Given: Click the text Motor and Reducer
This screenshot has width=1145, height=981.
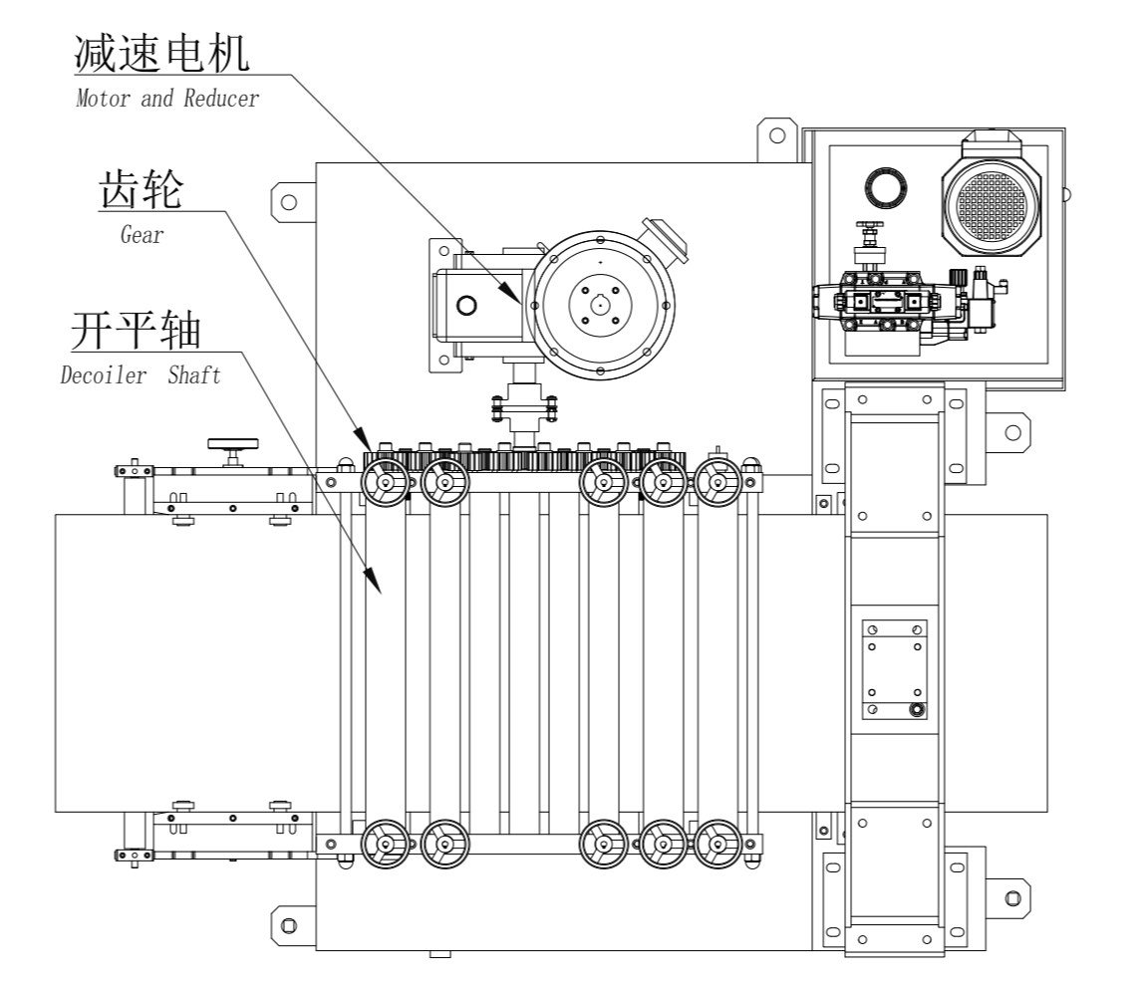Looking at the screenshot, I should (x=167, y=100).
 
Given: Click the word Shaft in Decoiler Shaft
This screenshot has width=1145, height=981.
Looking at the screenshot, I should (x=193, y=375).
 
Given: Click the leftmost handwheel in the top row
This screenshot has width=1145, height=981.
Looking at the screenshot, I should (x=384, y=485).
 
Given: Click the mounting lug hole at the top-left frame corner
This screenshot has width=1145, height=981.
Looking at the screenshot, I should (x=289, y=202).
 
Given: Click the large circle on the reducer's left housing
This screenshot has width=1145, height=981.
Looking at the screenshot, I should (x=466, y=304).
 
